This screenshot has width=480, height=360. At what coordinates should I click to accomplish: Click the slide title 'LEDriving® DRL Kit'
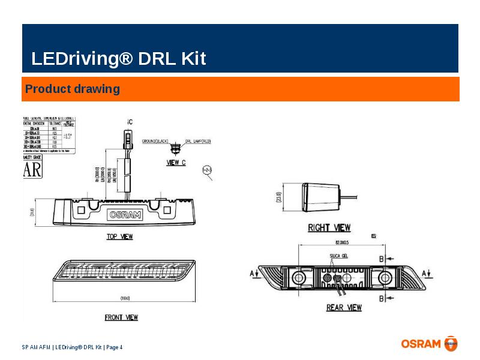118,59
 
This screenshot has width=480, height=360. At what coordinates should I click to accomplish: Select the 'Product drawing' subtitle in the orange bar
72,89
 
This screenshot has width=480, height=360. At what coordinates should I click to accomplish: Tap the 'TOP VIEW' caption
119,237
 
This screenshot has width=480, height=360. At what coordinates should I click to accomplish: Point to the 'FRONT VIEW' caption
121,317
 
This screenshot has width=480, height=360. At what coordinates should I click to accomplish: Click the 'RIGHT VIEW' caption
329,228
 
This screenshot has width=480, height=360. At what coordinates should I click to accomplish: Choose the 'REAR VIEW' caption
344,307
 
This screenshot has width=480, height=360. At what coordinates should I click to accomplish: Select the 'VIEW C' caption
175,162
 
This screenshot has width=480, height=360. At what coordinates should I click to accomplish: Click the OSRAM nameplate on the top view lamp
125,214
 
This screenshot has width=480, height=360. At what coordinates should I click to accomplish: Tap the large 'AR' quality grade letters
32,169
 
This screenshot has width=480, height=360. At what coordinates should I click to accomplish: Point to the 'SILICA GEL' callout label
339,256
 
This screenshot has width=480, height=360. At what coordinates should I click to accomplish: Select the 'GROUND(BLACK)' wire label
155,142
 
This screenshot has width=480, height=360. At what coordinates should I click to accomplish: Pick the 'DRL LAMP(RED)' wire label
198,142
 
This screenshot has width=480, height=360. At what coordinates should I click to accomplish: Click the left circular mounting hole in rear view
298,277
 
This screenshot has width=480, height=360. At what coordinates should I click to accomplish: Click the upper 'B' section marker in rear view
381,259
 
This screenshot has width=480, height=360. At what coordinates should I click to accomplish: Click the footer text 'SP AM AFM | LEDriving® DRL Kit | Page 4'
72,347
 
